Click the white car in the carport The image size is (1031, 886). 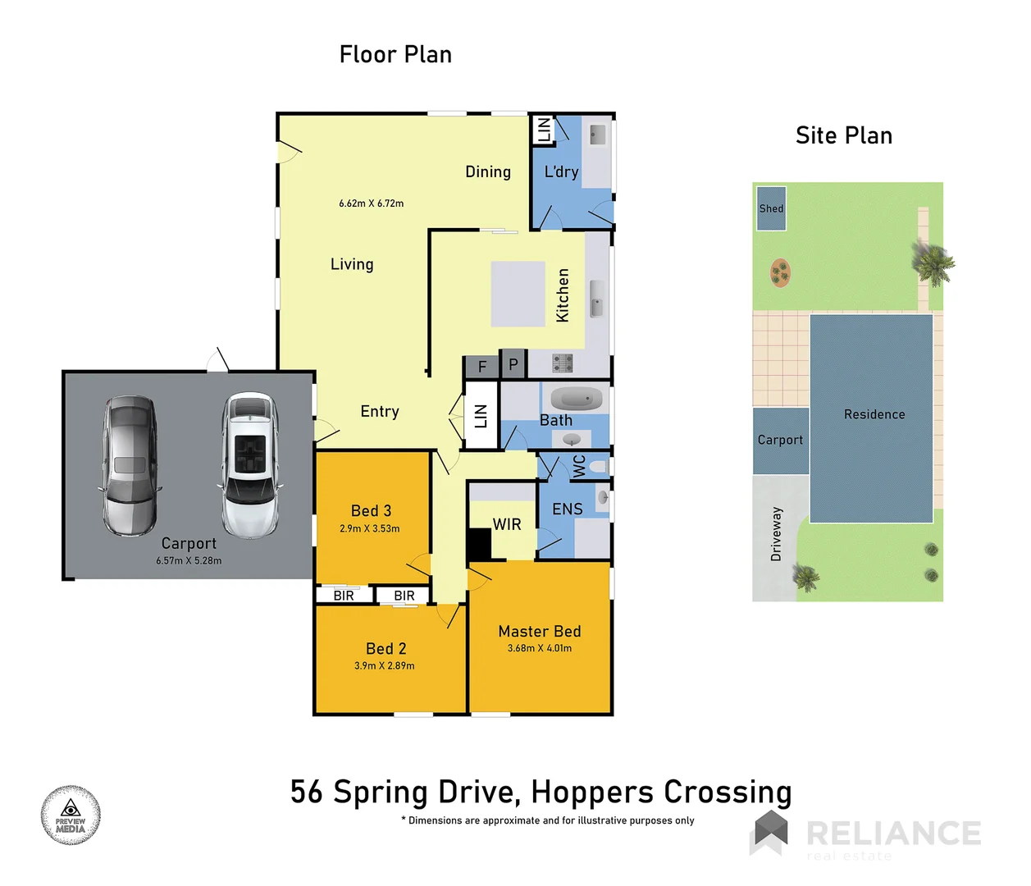[x=249, y=464]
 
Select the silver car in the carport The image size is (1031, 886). [x=130, y=465]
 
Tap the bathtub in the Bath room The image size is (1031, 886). [x=577, y=399]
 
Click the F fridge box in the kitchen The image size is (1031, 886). [x=481, y=367]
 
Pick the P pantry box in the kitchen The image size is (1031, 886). [x=513, y=364]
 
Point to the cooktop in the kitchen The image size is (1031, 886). [x=562, y=362]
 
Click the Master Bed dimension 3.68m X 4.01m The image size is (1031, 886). [x=540, y=648]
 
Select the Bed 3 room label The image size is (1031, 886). [x=371, y=511]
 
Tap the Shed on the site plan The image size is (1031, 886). [x=771, y=208]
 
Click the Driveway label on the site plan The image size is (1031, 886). [x=776, y=534]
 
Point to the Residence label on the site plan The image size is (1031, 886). [x=874, y=414]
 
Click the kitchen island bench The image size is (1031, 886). [x=518, y=294]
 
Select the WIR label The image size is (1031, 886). [x=507, y=524]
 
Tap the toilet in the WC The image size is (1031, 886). [x=599, y=467]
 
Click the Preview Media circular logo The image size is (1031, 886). [x=71, y=815]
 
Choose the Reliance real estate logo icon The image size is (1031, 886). [x=770, y=833]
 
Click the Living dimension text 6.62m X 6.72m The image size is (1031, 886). [x=372, y=203]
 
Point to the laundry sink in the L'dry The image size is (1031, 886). [x=598, y=135]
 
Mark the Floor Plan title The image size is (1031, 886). [x=395, y=54]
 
